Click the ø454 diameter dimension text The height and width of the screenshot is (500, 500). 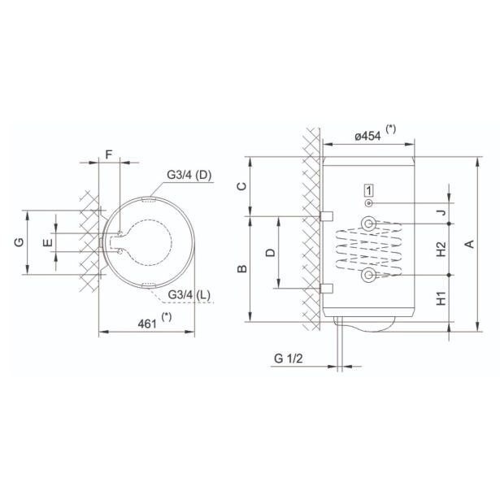(367, 136)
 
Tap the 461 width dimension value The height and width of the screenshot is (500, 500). (147, 324)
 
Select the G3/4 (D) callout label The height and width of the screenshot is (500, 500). (189, 175)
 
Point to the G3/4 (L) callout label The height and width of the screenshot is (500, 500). (189, 295)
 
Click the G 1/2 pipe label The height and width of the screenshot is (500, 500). (289, 359)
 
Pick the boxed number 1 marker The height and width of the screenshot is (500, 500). (368, 191)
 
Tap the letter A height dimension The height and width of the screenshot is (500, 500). (469, 244)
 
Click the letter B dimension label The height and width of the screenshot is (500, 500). (242, 269)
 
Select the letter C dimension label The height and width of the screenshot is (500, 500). (242, 186)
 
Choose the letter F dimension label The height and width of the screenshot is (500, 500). (109, 154)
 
